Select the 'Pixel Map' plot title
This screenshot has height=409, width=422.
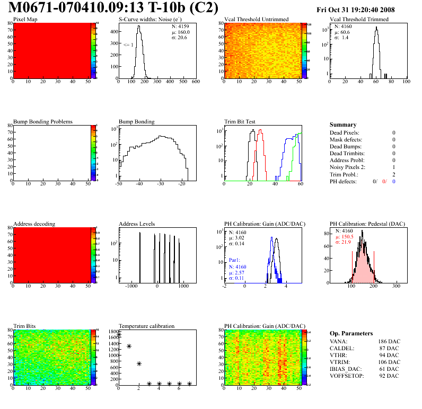tap(25, 20)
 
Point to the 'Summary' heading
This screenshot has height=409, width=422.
tap(343, 125)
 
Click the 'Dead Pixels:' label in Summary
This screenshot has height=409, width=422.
tap(344, 132)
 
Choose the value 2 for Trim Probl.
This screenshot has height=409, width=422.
tap(394, 174)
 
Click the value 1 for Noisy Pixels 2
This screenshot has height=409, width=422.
tap(394, 167)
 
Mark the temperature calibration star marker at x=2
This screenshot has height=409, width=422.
tap(139, 363)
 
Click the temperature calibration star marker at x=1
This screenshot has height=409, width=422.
tap(129, 346)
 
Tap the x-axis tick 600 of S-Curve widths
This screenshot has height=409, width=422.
tap(195, 82)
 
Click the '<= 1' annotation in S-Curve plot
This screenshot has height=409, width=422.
tap(128, 45)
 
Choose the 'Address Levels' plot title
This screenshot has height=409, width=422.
tap(137, 224)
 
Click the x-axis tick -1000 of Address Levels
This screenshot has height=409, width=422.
tap(130, 286)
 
